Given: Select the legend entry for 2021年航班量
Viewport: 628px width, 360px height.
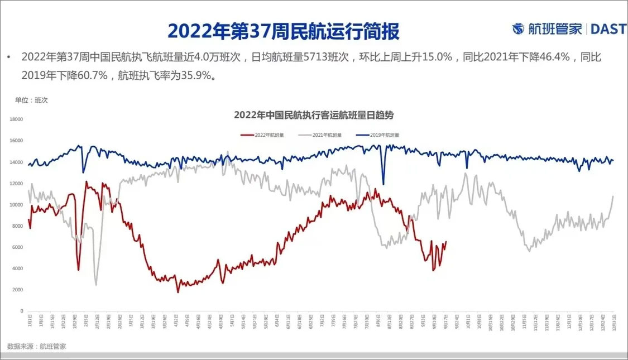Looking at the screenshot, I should (327, 135).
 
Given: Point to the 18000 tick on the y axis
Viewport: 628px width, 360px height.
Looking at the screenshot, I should (16, 119).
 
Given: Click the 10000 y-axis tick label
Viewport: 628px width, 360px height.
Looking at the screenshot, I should (16, 205).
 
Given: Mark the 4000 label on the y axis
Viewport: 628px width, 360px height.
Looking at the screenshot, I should (17, 268).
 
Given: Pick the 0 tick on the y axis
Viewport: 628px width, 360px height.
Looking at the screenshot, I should (22, 311).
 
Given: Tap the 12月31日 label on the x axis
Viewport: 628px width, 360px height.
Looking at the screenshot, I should (614, 322).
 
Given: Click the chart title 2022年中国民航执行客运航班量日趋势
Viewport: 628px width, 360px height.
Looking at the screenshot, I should (314, 116).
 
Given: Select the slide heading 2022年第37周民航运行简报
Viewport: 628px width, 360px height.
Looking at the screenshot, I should (284, 31).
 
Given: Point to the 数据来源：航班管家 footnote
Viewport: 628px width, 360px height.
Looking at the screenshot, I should (37, 347).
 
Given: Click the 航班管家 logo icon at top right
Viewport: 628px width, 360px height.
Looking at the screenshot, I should (519, 29).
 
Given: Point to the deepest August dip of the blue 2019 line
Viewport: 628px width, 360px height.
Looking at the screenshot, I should (383, 184).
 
